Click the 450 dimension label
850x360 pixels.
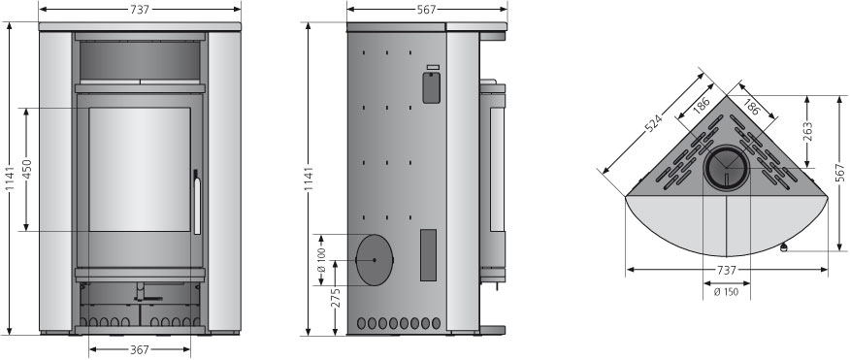coord(26,170)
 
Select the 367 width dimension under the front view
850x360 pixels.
coord(140,350)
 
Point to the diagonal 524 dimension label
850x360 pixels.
coord(654,124)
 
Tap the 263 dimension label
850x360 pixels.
coord(807,131)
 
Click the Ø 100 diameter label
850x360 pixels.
coord(320,260)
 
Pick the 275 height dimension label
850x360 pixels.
coord(336,298)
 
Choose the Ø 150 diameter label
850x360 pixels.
coord(726,292)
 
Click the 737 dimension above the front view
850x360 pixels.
coord(140,9)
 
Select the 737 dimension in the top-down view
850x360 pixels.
coord(727,270)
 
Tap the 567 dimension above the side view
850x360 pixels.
coord(427,9)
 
